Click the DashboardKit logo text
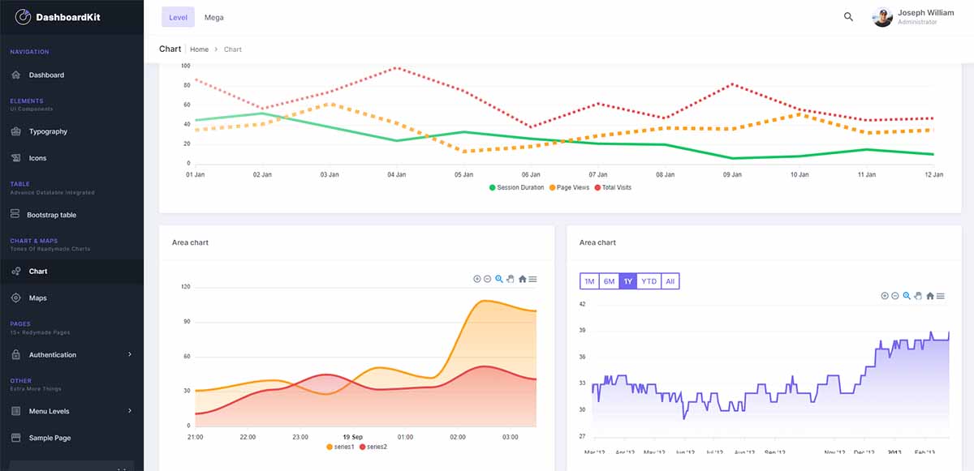tap(67, 17)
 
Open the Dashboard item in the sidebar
tap(46, 75)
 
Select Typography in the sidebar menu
tap(48, 131)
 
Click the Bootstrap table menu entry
tap(51, 215)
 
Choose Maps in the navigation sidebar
tap(38, 298)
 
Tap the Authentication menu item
tap(53, 355)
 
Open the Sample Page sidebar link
tap(50, 438)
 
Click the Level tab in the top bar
tap(178, 17)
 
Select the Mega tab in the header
tap(213, 17)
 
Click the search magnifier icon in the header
tap(848, 17)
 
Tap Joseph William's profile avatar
tap(882, 17)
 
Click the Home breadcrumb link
tap(199, 49)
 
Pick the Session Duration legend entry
tap(516, 187)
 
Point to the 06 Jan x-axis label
tap(531, 174)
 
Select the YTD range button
tap(649, 281)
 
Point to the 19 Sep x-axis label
tap(352, 437)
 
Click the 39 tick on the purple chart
tap(582, 331)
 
